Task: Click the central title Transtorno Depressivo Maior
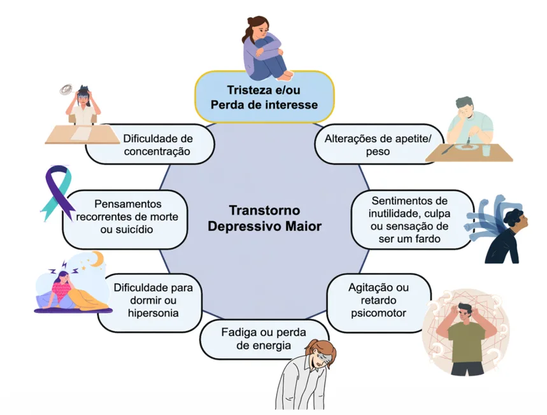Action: click(x=274, y=218)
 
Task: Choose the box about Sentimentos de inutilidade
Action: click(x=409, y=220)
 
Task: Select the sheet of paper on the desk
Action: click(x=81, y=134)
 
